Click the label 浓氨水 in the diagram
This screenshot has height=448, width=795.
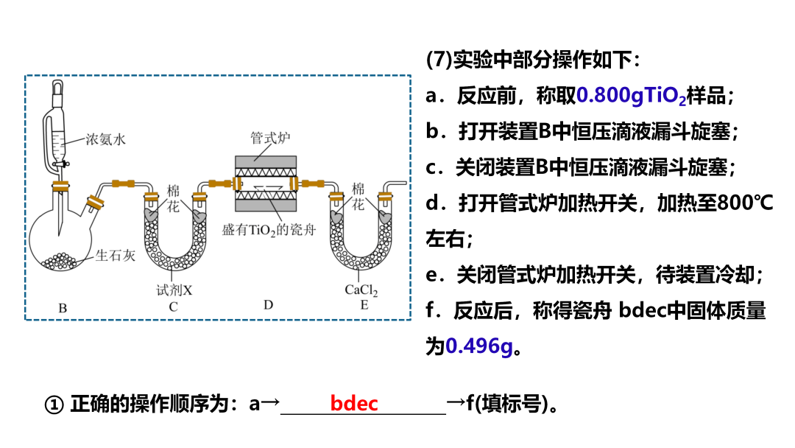click(105, 139)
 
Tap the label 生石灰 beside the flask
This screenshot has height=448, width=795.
click(116, 256)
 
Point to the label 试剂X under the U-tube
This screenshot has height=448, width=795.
click(174, 290)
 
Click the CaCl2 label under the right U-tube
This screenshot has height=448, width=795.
click(361, 290)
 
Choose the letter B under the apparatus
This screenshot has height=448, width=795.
click(63, 308)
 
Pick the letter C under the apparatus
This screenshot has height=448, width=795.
click(173, 307)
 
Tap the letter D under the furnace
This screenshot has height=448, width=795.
click(268, 305)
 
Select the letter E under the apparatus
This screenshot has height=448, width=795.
click(364, 306)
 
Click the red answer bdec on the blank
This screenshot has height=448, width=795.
click(354, 404)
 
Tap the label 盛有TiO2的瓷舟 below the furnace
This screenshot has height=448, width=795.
click(269, 229)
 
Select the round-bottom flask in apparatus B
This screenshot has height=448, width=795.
click(60, 239)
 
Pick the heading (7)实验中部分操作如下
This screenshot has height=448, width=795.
click(533, 60)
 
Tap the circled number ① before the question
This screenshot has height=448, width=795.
click(54, 405)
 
